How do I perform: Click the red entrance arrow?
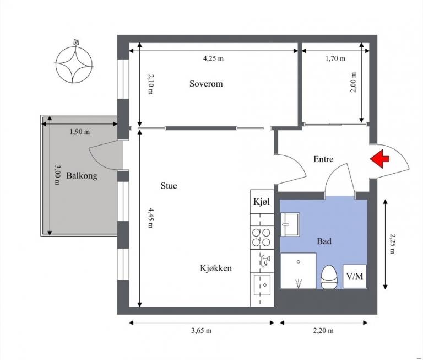(x=379, y=159)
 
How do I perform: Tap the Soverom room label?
(x=206, y=84)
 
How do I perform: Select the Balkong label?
(x=82, y=176)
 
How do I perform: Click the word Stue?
(x=169, y=186)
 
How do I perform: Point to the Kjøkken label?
(x=216, y=268)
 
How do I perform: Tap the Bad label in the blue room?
(x=324, y=241)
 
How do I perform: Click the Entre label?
(x=323, y=159)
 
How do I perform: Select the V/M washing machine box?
(x=355, y=276)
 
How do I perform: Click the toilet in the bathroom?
(x=329, y=277)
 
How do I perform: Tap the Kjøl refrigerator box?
(x=262, y=202)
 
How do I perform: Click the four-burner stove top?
(x=261, y=238)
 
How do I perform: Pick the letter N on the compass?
(x=77, y=42)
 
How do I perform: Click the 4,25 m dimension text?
(x=213, y=58)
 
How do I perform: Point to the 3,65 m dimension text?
(x=202, y=331)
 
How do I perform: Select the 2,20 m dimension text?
(x=323, y=331)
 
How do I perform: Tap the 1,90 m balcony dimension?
(x=80, y=132)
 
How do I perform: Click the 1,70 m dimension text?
(x=335, y=58)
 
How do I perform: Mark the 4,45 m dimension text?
(x=150, y=218)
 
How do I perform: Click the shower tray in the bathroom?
(x=299, y=271)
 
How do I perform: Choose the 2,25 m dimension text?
(x=392, y=244)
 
